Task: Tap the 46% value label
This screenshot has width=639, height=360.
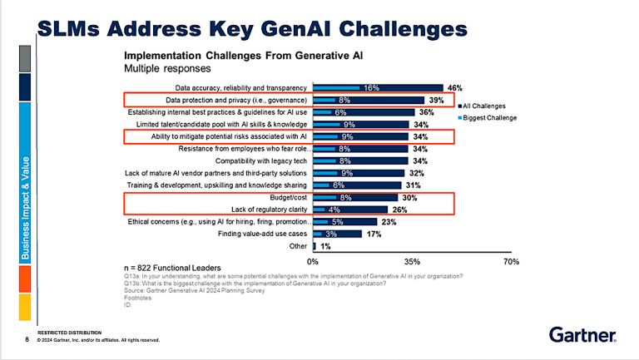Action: pyautogui.click(x=454, y=87)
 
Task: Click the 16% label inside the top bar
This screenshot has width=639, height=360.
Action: pyautogui.click(x=371, y=87)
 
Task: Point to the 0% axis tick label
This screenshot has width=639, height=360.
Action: pyautogui.click(x=313, y=262)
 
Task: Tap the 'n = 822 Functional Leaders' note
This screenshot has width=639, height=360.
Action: pyautogui.click(x=176, y=268)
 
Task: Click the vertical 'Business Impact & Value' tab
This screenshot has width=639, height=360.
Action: pyautogui.click(x=25, y=207)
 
